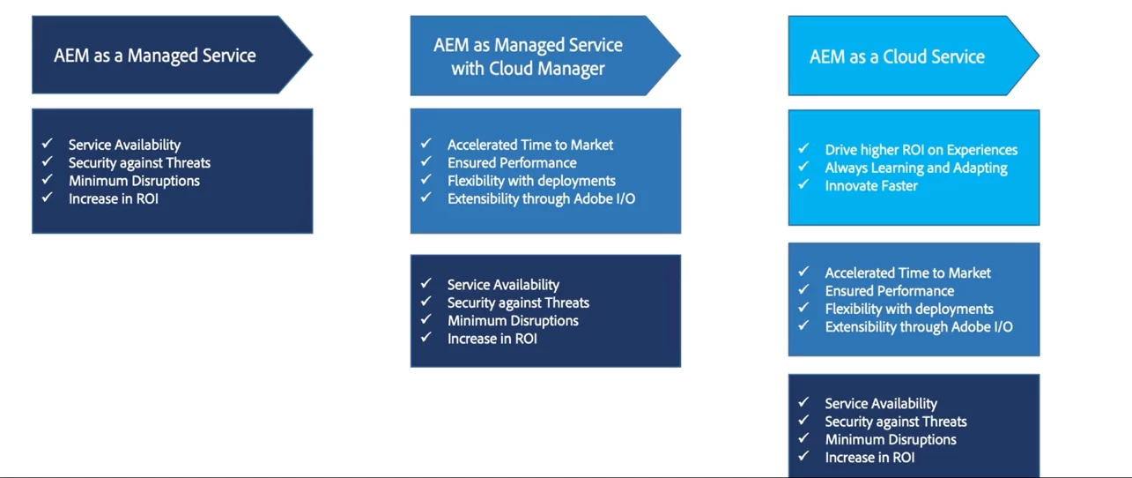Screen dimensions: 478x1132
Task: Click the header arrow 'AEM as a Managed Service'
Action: tap(155, 56)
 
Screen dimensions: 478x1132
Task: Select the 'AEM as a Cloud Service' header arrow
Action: tap(897, 56)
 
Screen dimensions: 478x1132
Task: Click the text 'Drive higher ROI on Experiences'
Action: tap(921, 150)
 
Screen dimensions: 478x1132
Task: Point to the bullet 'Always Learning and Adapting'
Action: tap(915, 168)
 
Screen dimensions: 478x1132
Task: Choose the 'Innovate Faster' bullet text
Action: tap(871, 186)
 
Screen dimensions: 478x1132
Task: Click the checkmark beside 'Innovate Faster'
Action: tap(803, 184)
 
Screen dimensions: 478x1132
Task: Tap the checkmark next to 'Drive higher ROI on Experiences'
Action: tap(803, 148)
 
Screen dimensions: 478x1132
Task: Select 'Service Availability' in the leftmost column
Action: tap(124, 145)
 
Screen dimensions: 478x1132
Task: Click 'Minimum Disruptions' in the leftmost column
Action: tap(134, 181)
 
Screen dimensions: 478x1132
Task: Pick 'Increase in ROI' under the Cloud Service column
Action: tap(869, 458)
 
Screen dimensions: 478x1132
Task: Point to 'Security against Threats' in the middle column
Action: tap(518, 302)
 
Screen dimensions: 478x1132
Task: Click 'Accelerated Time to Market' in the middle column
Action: tap(530, 145)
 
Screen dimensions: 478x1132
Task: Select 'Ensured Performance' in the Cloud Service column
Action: tap(889, 291)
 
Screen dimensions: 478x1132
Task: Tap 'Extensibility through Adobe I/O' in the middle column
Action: tap(541, 198)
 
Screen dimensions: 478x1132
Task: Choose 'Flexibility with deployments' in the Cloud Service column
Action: tap(909, 309)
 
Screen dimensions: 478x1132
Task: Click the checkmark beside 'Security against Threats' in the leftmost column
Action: tap(48, 161)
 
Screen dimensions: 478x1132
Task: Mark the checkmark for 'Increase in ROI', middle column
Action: tap(426, 337)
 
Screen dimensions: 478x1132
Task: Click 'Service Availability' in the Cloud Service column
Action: tap(881, 404)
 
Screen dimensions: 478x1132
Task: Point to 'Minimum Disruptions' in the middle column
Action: tap(513, 321)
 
